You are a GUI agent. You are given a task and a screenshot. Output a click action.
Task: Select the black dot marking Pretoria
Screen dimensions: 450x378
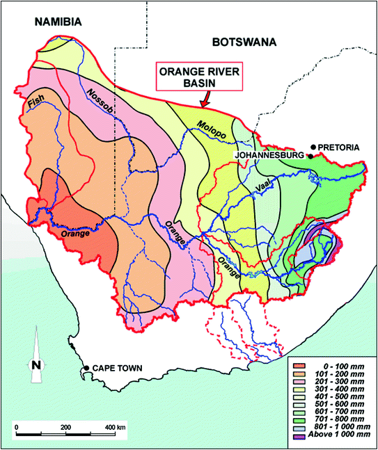pyautogui.click(x=314, y=147)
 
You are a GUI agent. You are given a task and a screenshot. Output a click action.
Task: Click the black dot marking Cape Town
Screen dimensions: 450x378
pyautogui.click(x=86, y=368)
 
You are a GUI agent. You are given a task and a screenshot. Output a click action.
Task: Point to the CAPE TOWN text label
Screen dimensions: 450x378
pyautogui.click(x=113, y=368)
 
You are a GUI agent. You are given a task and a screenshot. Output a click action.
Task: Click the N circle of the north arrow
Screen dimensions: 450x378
pyautogui.click(x=36, y=365)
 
